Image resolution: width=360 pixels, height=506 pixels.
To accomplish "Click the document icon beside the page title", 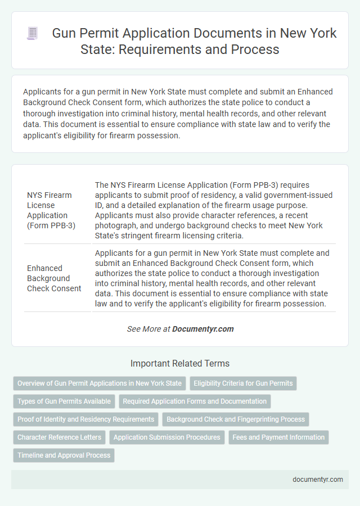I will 32,34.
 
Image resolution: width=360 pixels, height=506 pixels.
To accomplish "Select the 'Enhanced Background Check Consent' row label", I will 54,278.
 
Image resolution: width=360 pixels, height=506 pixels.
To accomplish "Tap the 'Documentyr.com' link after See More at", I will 202,329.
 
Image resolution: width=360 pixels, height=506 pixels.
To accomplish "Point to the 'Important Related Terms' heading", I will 179,363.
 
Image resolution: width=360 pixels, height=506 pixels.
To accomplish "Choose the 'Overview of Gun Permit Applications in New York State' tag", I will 100,383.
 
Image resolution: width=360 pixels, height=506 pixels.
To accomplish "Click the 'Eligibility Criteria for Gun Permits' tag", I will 243,383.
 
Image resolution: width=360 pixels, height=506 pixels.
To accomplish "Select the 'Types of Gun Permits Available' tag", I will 64,401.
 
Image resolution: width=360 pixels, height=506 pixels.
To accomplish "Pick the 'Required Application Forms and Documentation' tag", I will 195,401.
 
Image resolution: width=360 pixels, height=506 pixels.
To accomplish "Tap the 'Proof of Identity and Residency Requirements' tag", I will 85,419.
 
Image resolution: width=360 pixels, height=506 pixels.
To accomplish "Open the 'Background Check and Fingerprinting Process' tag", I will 236,419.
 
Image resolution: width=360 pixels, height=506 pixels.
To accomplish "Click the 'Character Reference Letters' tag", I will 60,437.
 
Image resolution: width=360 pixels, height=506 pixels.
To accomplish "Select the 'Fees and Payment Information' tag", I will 278,437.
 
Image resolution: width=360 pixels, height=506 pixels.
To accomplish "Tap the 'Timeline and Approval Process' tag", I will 64,455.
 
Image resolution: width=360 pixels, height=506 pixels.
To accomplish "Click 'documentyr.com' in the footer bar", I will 317,479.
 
